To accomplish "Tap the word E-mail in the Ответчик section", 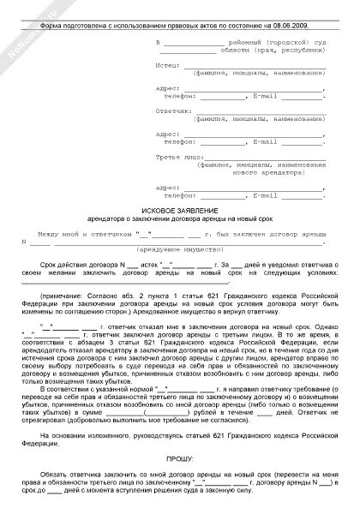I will click(261, 143).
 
